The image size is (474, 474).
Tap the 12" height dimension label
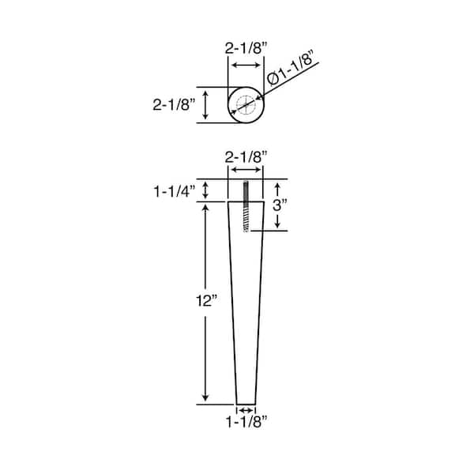[x=207, y=301]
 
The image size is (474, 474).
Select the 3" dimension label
[x=280, y=205]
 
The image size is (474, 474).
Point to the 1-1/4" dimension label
[x=175, y=192]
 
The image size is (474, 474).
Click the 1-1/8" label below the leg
[x=246, y=422]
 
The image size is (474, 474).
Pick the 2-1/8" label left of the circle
[x=174, y=105]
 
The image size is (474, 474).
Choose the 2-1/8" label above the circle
[x=246, y=48]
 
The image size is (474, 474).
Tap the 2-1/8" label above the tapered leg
[x=246, y=157]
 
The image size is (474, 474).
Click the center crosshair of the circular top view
[x=246, y=105]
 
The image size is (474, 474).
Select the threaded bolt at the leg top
[x=246, y=206]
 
